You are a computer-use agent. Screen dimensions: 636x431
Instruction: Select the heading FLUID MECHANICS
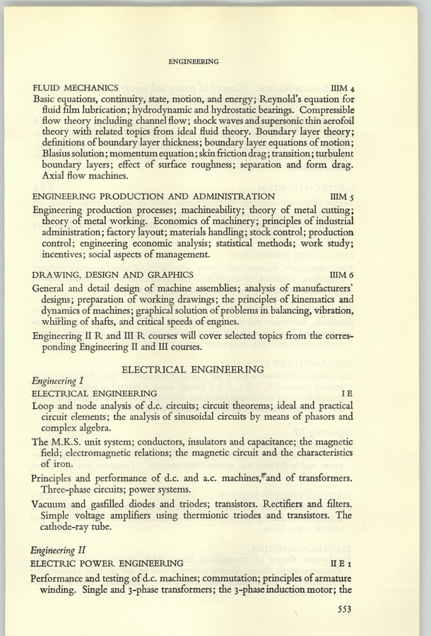pos(80,88)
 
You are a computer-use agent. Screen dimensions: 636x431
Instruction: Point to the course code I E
pos(344,393)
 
